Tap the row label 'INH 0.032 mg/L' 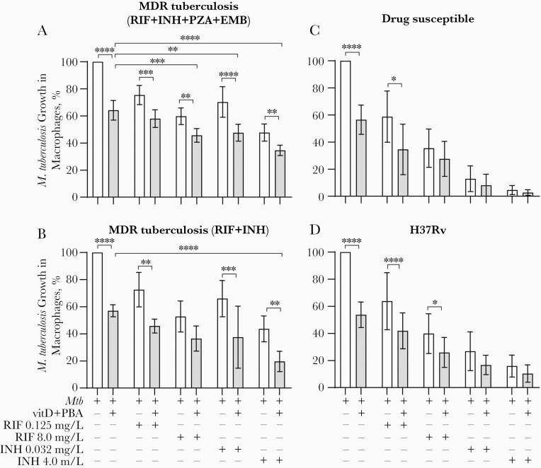(42, 449)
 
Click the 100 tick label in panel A (77, 62)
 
